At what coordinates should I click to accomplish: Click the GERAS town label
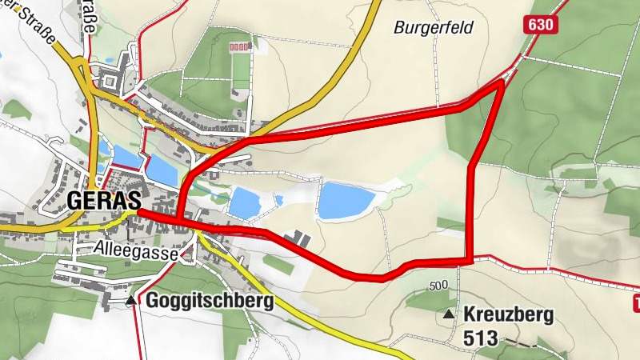click(104, 201)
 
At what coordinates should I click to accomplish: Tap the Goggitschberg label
click(210, 302)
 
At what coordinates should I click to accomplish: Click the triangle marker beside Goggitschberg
click(130, 301)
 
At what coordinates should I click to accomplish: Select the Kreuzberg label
click(508, 315)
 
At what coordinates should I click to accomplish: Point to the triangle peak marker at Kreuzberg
click(448, 315)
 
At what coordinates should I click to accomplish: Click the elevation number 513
click(481, 338)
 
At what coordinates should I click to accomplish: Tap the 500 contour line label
click(438, 286)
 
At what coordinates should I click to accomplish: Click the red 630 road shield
click(540, 25)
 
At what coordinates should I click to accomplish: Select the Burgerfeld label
click(434, 28)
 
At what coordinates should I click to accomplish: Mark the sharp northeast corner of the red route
click(502, 81)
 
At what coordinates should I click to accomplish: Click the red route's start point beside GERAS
click(139, 213)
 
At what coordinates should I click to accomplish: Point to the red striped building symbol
click(239, 48)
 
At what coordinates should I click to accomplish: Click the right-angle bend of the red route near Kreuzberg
click(470, 259)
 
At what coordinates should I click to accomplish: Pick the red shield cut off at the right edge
click(637, 302)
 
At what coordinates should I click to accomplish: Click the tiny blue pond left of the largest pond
click(278, 199)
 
